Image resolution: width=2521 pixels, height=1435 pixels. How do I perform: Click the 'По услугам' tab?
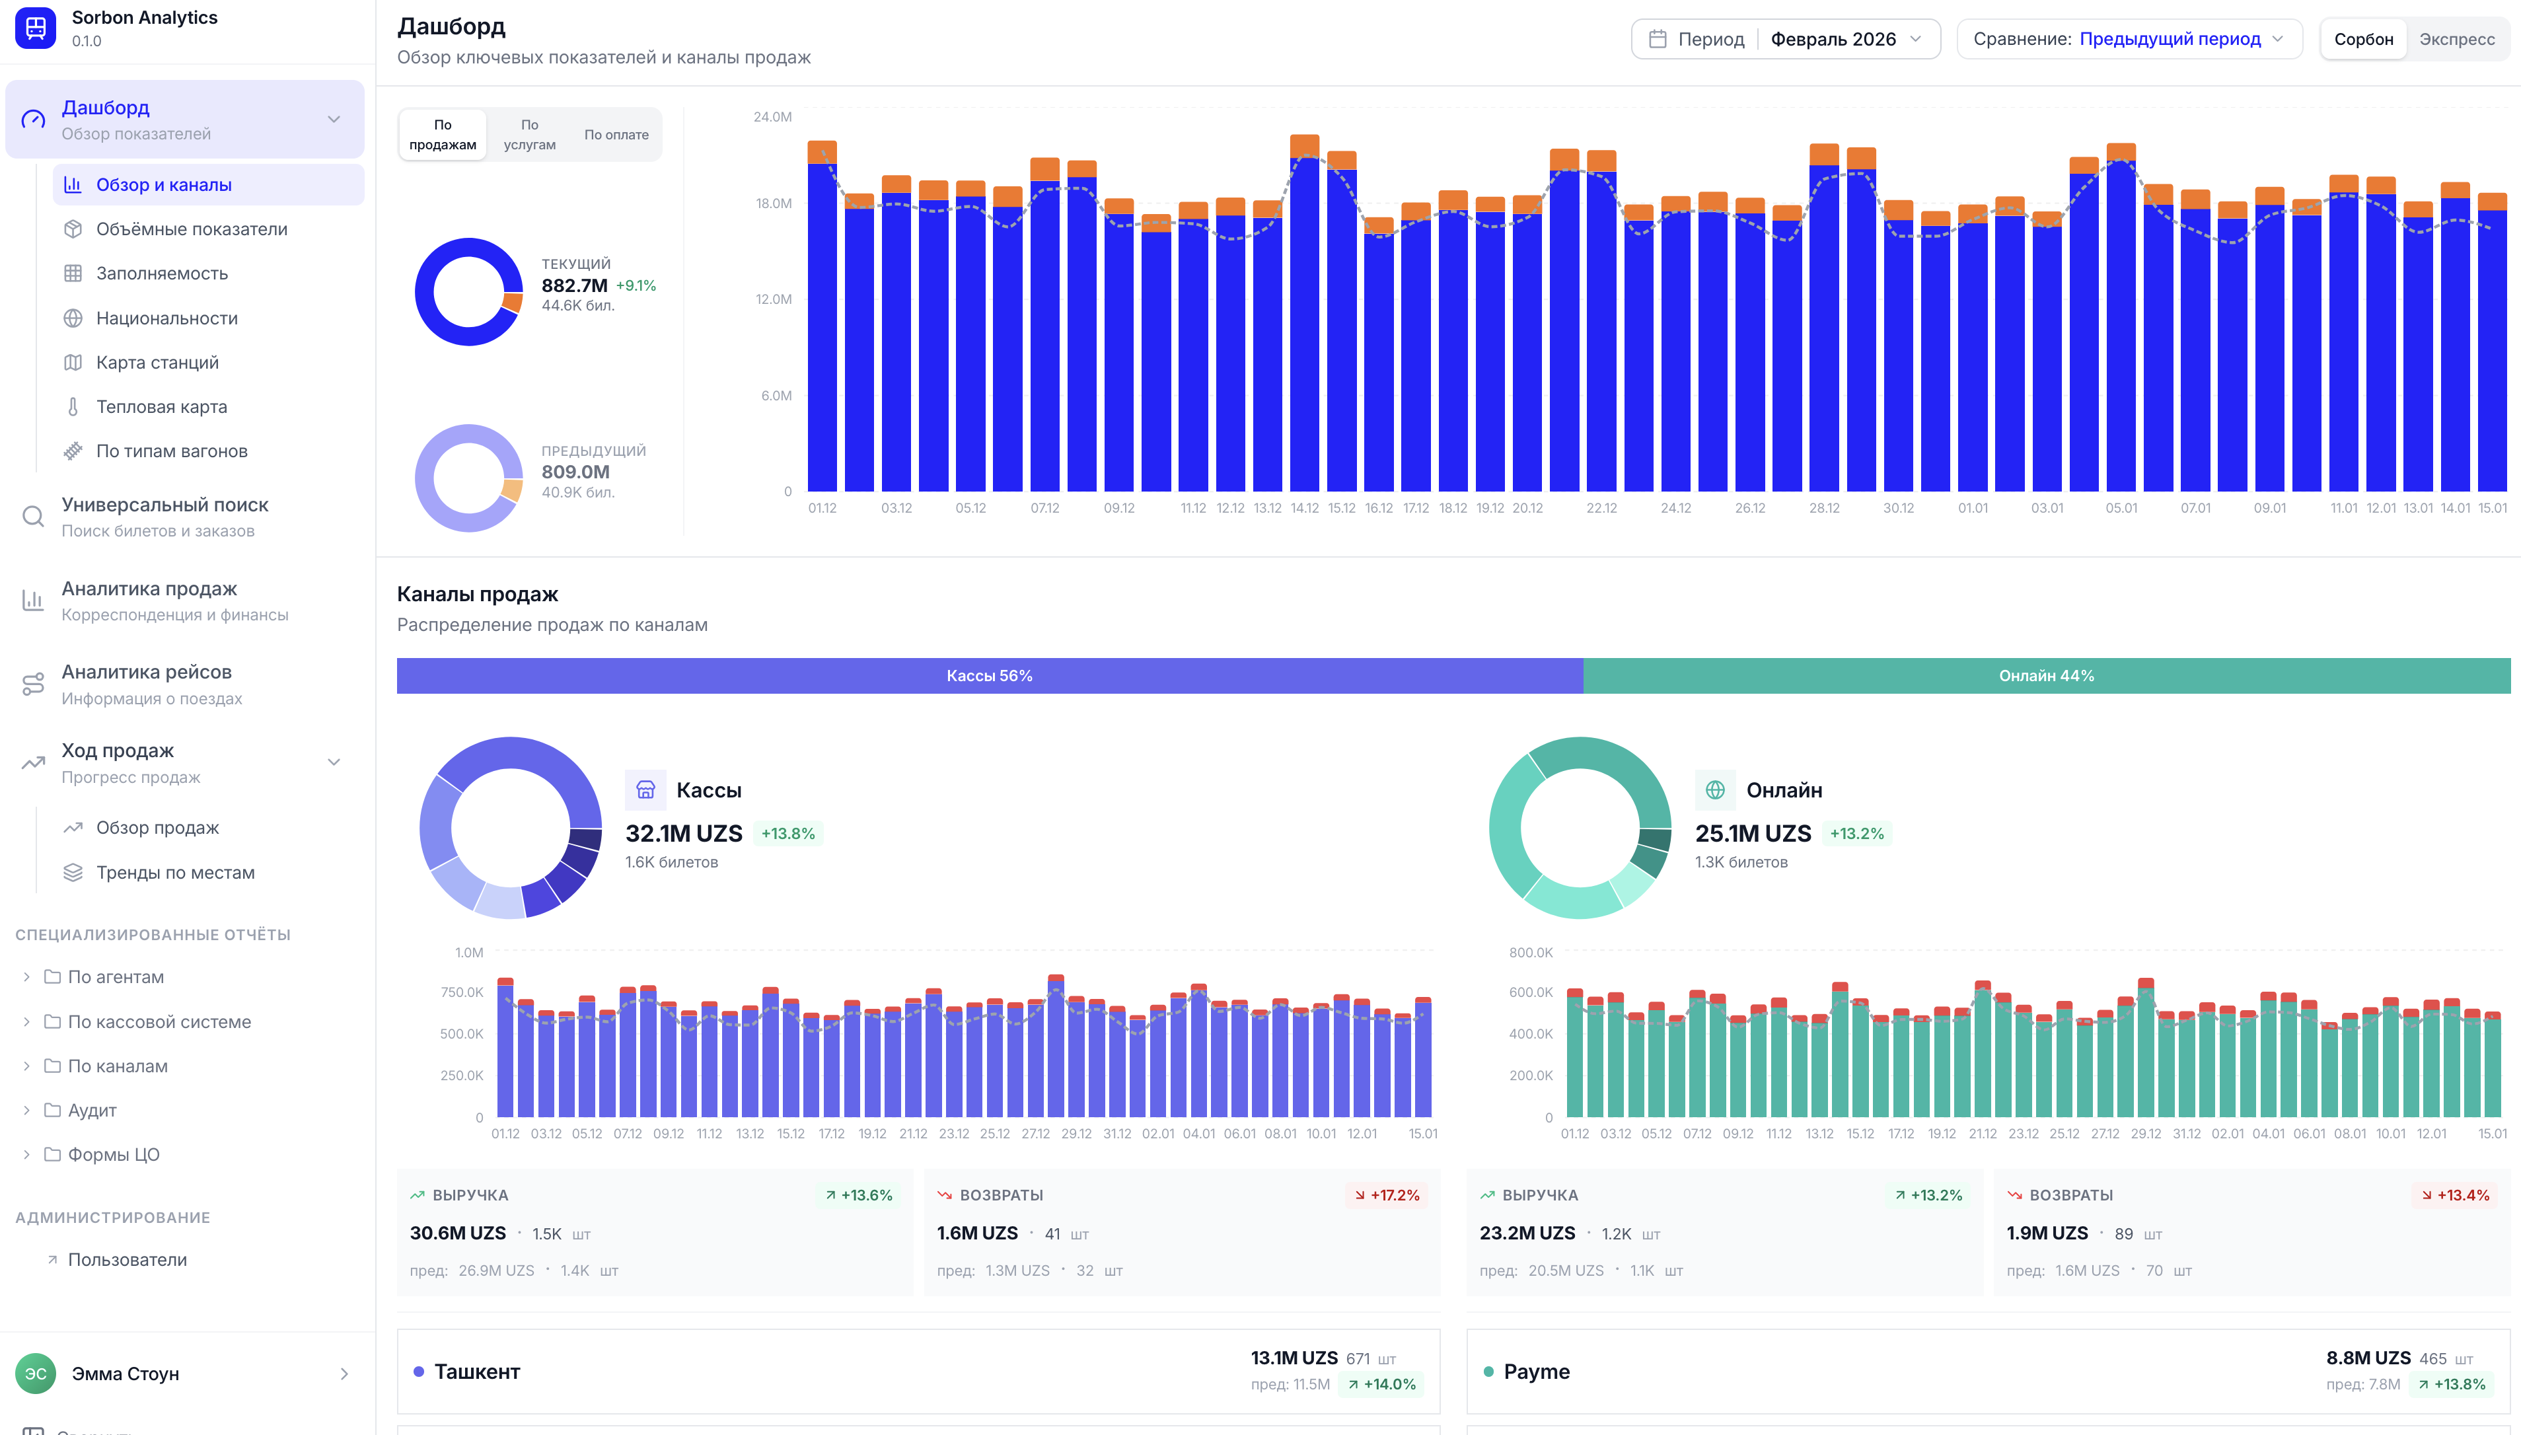[529, 134]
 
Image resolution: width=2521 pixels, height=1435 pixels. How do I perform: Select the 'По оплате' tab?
[616, 134]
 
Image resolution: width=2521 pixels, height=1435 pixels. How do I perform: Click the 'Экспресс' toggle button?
[2456, 40]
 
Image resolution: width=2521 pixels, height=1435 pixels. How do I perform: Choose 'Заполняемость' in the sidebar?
[162, 273]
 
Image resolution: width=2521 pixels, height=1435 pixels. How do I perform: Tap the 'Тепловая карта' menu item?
[162, 406]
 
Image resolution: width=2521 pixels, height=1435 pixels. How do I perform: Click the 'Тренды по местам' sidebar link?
[176, 872]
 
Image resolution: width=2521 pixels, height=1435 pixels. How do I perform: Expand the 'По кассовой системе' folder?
[159, 1021]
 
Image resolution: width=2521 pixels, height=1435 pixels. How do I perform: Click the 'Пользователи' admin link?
[127, 1259]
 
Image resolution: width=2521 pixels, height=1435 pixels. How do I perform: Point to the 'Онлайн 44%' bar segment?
[2046, 675]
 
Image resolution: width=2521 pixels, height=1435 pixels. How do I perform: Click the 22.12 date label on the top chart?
[1601, 507]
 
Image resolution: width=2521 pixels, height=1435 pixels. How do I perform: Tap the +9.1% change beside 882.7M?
[636, 286]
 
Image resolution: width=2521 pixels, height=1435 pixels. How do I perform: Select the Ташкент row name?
[477, 1371]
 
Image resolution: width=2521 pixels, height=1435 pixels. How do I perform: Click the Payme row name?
[1535, 1371]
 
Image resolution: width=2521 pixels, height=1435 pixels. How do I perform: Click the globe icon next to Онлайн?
[1715, 790]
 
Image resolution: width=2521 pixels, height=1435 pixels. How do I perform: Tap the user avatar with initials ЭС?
[36, 1373]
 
